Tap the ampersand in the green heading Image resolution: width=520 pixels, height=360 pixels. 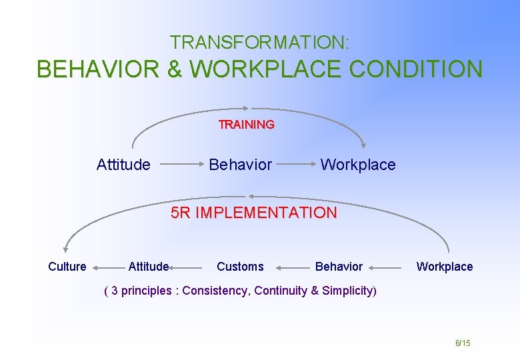[175, 69]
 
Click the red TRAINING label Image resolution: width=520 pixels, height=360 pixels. [247, 125]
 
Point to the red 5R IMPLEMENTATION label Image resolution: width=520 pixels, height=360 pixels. [254, 213]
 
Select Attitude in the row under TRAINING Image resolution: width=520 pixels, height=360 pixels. [123, 165]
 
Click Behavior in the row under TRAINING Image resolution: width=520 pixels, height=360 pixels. [240, 165]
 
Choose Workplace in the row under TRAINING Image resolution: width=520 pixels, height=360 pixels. [358, 165]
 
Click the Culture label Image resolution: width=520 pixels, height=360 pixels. [67, 267]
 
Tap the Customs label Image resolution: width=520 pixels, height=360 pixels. [240, 267]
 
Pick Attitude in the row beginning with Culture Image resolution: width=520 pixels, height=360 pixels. [148, 267]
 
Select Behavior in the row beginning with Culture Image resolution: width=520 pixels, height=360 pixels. [339, 267]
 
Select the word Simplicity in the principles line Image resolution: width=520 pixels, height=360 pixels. [348, 291]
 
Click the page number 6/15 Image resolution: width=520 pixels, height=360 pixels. [463, 343]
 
